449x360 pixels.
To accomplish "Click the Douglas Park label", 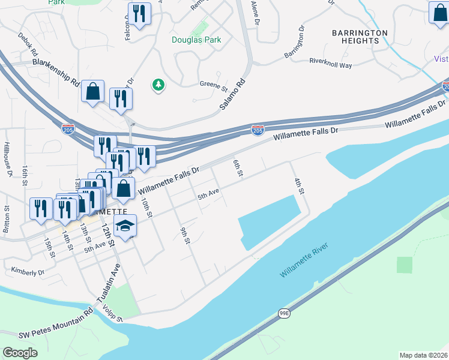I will pyautogui.click(x=196, y=40).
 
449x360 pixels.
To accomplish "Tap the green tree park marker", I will pyautogui.click(x=158, y=85).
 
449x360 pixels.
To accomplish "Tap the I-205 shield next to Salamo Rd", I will pyautogui.click(x=258, y=130).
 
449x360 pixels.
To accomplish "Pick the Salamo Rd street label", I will pyautogui.click(x=232, y=94).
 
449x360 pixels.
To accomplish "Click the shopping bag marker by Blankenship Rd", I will pyautogui.click(x=93, y=92).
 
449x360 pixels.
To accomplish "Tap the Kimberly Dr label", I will pyautogui.click(x=28, y=272).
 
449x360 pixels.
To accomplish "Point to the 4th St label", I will pyautogui.click(x=300, y=185).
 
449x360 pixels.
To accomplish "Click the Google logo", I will pyautogui.click(x=20, y=352).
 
